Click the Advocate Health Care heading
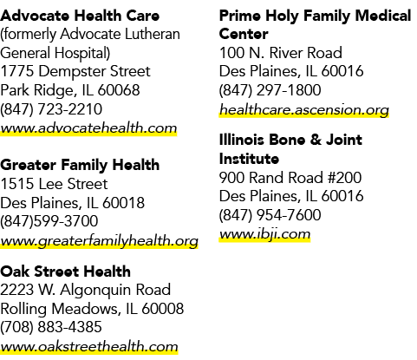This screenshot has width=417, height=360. [x=80, y=16]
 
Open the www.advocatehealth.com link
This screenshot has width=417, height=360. [x=88, y=128]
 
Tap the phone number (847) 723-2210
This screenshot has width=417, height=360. [x=51, y=109]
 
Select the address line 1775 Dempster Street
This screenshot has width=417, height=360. [x=75, y=71]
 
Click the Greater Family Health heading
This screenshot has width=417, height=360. [x=80, y=166]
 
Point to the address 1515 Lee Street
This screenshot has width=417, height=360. [x=54, y=184]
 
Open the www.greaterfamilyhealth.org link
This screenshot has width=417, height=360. [x=99, y=241]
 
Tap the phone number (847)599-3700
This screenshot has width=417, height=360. [x=49, y=221]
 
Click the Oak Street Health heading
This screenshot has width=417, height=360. [x=65, y=272]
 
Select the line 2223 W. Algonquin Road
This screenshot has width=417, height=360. [x=86, y=290]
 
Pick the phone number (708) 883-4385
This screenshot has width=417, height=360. [x=51, y=327]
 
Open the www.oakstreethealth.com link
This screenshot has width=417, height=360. [x=89, y=346]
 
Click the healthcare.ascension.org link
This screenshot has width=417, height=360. [x=304, y=110]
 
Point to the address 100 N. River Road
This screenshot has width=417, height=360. [x=281, y=53]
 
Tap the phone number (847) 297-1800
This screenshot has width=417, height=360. [x=270, y=90]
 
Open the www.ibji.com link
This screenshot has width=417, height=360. [x=264, y=234]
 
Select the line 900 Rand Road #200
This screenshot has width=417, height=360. [x=290, y=178]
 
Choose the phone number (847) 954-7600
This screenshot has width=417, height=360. [x=270, y=215]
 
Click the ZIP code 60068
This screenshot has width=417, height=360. [x=119, y=90]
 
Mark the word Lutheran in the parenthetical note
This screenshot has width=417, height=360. [x=153, y=34]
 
